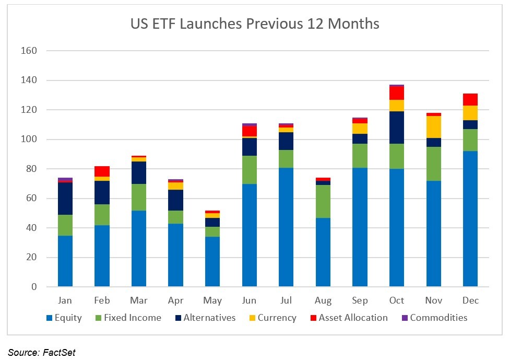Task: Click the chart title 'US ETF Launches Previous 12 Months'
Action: tap(254, 24)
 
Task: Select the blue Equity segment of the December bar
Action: tap(470, 219)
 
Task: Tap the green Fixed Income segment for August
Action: tap(323, 201)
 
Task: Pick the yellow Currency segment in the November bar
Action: tap(434, 127)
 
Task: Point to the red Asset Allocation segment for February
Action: tap(102, 171)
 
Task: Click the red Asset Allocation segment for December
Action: tap(470, 99)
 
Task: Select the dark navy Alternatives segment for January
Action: tap(65, 199)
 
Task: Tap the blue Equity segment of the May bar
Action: tap(212, 262)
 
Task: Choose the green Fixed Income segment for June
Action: tap(250, 170)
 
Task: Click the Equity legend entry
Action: tap(64, 318)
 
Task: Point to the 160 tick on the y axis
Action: tap(30, 51)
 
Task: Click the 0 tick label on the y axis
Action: tap(34, 287)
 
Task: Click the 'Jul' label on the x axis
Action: tap(286, 300)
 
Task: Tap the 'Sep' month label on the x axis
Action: tap(360, 300)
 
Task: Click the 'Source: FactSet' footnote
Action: tap(41, 353)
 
